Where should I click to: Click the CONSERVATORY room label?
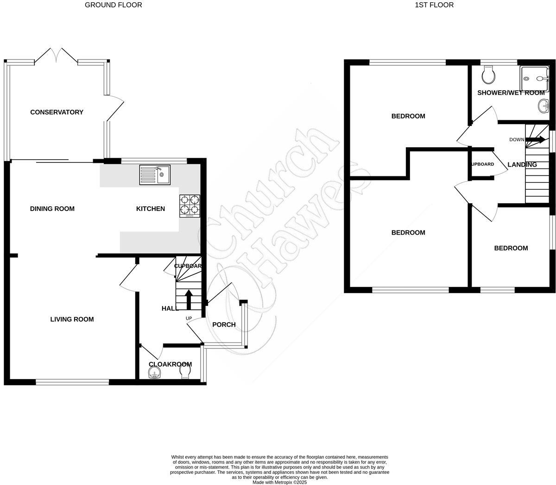pos(57,112)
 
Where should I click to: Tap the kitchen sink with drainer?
pos(155,174)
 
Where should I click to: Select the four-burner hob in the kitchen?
pos(190,206)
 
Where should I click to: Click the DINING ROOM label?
pos(52,209)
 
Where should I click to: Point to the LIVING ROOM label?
pos(72,319)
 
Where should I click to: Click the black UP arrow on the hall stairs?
pos(189,299)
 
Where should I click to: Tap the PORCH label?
pos(224,324)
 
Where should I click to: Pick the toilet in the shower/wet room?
pos(489,74)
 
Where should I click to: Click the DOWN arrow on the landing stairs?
pos(537,139)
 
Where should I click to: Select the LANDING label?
pos(522,164)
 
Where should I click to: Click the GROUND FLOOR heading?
pos(114,5)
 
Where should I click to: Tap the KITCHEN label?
pos(151,209)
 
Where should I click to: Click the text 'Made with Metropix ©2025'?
pos(279,482)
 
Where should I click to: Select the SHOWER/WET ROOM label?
pos(511,93)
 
